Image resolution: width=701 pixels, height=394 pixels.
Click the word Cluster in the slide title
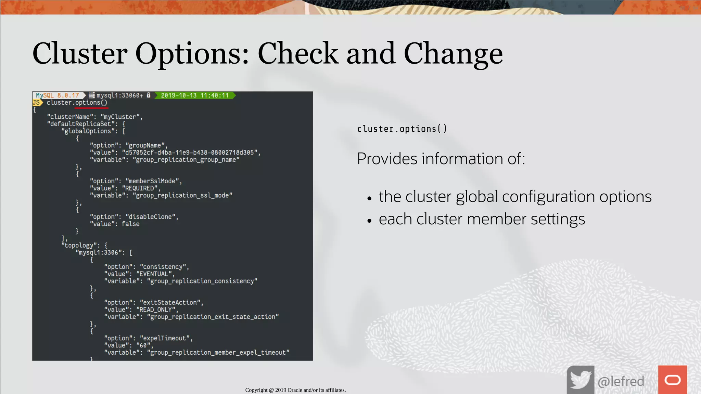80,53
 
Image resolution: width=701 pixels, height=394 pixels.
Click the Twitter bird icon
580,380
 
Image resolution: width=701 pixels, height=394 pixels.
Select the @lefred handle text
621,381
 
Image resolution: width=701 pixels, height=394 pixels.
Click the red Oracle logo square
672,380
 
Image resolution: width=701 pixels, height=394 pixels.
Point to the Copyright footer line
295,390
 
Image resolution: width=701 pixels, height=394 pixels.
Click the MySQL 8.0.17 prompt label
58,95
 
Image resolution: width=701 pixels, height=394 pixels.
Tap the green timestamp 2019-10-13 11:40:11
194,95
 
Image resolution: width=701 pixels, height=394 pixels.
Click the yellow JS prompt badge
37,102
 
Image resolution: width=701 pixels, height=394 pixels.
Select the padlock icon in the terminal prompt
149,95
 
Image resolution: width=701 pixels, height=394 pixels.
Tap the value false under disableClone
130,224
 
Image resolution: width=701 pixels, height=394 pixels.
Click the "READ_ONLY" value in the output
156,310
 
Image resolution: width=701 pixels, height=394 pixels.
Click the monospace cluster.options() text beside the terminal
402,129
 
